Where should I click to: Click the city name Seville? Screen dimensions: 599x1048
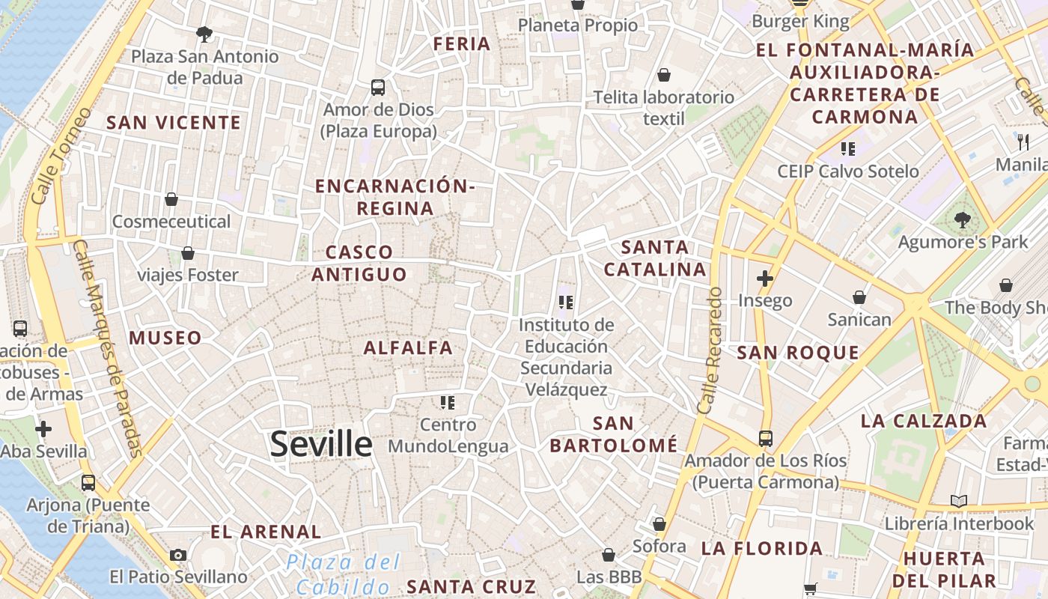coord(321,444)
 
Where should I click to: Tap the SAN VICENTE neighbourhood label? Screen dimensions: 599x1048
coord(174,123)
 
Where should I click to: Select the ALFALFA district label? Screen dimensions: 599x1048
coord(408,347)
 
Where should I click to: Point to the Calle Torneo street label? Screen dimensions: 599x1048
coord(62,156)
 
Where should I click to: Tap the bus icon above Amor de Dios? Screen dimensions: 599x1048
coord(378,88)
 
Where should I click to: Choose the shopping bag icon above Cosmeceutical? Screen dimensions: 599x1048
coord(171,199)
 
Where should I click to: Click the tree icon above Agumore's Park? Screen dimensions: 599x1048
coord(962,220)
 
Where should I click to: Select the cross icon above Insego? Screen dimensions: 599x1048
coord(764,279)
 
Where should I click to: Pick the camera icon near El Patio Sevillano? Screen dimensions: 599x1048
coord(177,555)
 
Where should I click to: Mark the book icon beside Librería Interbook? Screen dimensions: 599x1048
coord(958,502)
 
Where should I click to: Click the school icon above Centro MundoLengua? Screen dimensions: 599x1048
coord(448,403)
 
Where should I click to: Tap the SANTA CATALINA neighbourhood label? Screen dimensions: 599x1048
coord(655,258)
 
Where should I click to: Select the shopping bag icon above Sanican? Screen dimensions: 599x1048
coord(859,298)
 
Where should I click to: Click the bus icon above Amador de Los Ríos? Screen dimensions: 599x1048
coord(765,439)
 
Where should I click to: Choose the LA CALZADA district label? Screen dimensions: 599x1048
coord(924,421)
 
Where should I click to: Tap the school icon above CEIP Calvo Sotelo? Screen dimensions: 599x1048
coord(847,148)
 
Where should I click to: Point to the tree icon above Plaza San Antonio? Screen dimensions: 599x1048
coord(204,34)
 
